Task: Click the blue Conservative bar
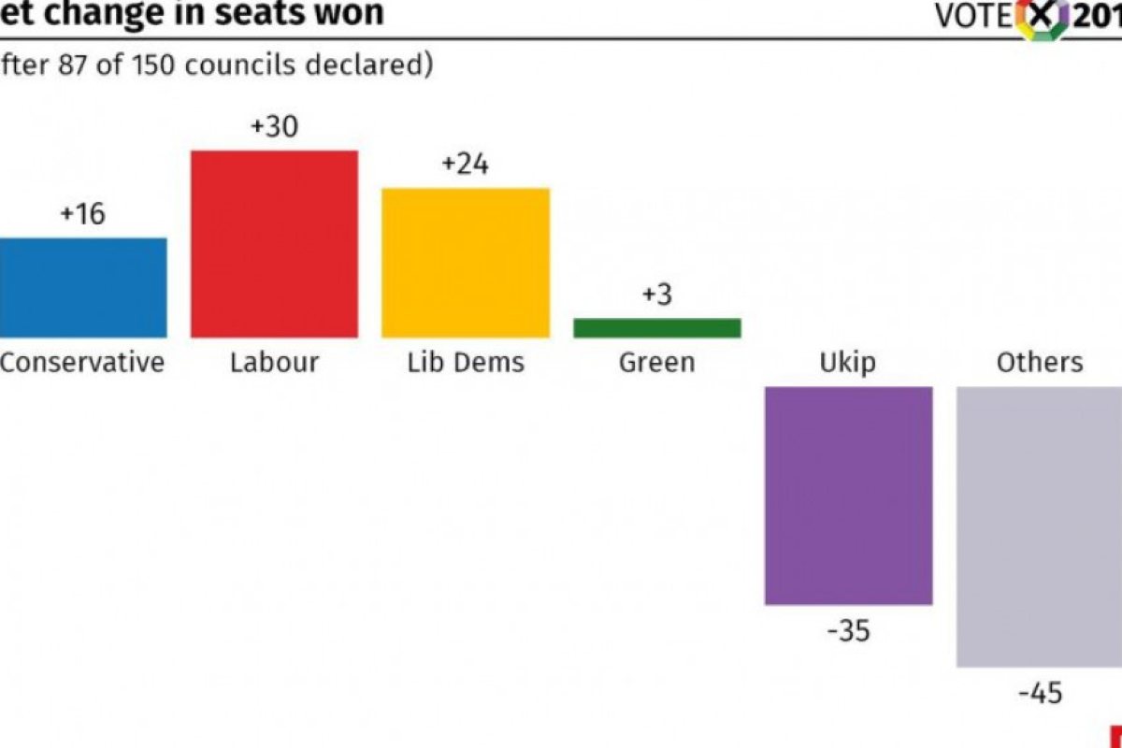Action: pos(83,288)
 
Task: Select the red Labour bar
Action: pos(275,244)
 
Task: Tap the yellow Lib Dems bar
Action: pos(466,263)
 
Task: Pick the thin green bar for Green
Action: pos(657,328)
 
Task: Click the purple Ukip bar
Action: pos(849,496)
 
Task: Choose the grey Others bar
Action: pos(1040,527)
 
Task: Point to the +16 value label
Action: pos(82,214)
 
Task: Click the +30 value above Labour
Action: pos(275,126)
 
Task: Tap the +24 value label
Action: pos(466,164)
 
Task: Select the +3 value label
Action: pos(657,295)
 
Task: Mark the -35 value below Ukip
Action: pos(849,631)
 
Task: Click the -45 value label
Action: pos(1041,694)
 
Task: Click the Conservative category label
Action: pos(82,362)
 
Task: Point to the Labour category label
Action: pos(275,362)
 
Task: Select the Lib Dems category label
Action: pos(466,362)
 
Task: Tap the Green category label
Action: pos(657,362)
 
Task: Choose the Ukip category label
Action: pos(848,363)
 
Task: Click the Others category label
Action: pos(1040,362)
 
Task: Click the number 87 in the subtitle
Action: pos(73,65)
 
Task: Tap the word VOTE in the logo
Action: pos(973,17)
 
